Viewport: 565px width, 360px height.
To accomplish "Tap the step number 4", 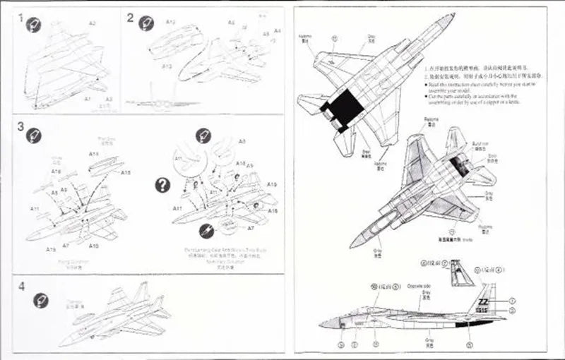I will pyautogui.click(x=21, y=287).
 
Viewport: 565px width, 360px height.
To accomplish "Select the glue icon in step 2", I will pyautogui.click(x=147, y=23).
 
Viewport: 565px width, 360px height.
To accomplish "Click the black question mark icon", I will pyautogui.click(x=163, y=185).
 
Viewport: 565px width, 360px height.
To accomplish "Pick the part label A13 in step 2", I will pyautogui.click(x=167, y=66).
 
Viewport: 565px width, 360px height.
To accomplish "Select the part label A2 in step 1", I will pyautogui.click(x=93, y=23).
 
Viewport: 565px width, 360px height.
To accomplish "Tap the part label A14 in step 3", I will pyautogui.click(x=93, y=154).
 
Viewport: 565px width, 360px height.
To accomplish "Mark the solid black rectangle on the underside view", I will pyautogui.click(x=345, y=108).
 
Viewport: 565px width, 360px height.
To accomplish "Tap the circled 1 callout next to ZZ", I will pyautogui.click(x=511, y=301).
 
